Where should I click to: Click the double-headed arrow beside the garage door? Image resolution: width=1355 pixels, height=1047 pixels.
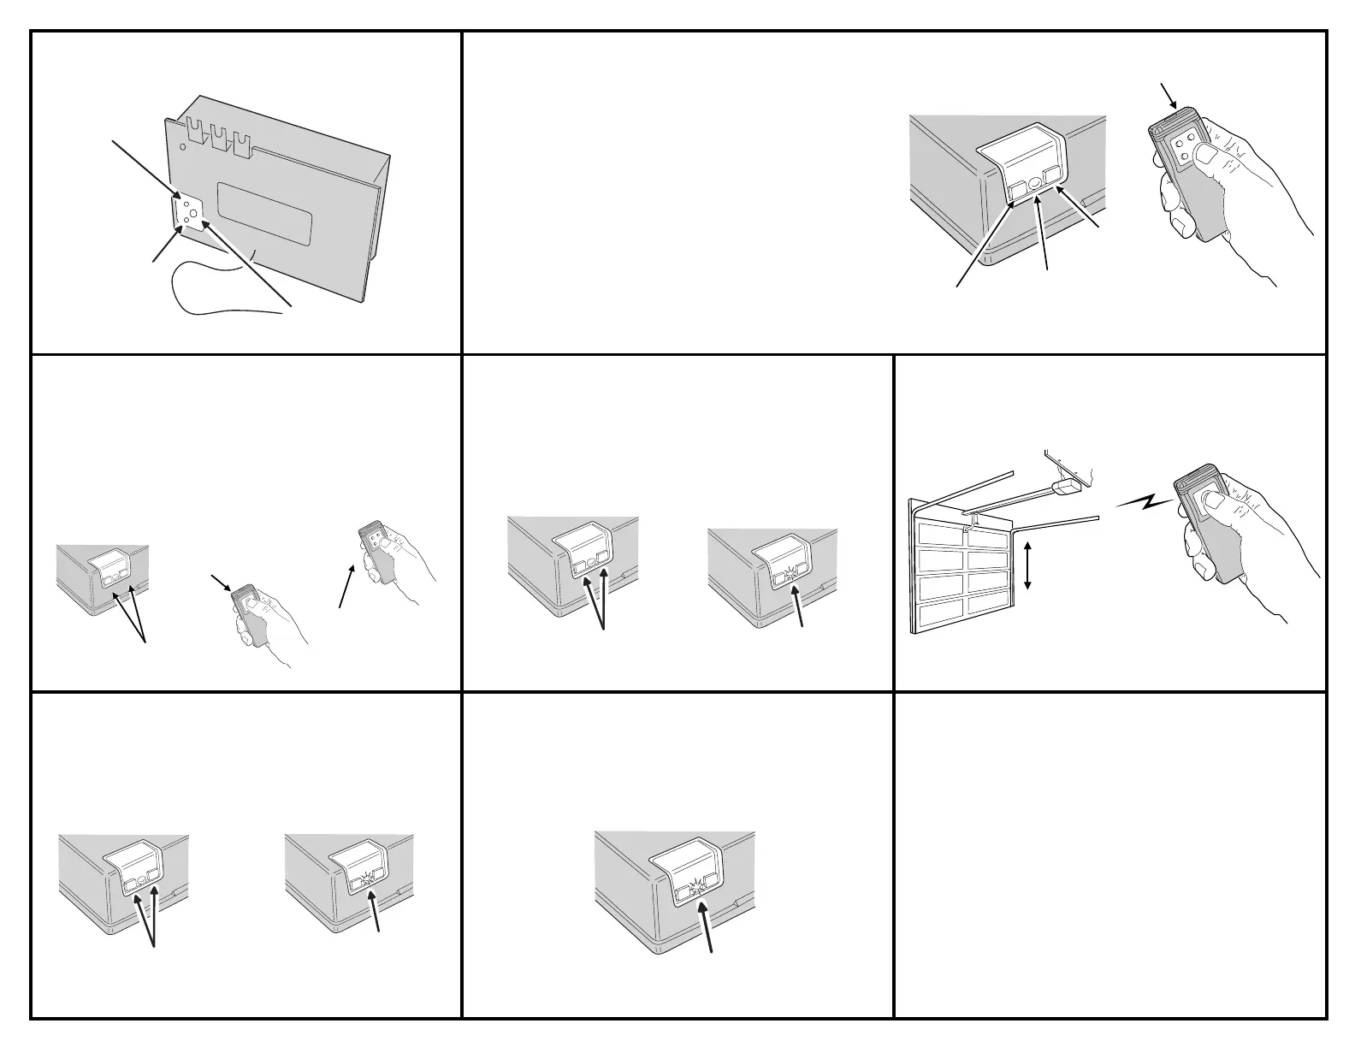[1028, 565]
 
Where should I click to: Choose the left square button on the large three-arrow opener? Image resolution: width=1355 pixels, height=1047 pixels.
[1017, 189]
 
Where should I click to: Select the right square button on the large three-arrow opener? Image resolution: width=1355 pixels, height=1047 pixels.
[1052, 175]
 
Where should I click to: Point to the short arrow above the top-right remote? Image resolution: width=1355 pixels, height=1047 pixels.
[1169, 95]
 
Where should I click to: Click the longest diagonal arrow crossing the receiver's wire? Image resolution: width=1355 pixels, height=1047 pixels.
[248, 262]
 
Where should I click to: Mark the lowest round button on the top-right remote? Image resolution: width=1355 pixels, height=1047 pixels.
[1185, 157]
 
